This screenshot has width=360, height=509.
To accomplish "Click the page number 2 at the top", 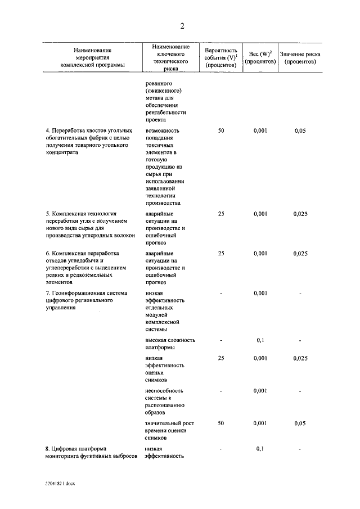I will point(182,26).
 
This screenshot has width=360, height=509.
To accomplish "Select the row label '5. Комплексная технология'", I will point(91,226).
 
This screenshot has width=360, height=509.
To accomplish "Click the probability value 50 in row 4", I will point(221,130).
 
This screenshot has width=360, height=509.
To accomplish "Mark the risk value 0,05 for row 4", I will point(300,130).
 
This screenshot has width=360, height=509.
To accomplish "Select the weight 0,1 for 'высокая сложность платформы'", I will point(260,340).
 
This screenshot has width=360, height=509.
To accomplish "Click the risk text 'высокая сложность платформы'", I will point(169,344).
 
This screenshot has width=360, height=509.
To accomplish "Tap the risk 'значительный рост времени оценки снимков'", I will point(169,430).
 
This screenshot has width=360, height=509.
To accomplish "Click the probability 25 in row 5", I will point(221,214).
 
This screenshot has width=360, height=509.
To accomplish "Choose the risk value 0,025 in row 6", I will point(300,254).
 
